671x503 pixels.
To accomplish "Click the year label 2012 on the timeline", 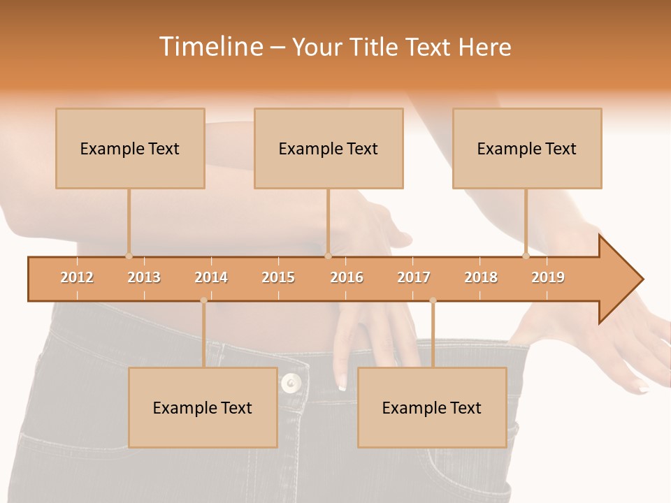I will point(77,277).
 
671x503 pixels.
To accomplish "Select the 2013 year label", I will point(144,277).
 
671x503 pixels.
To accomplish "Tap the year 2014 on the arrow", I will point(211,277).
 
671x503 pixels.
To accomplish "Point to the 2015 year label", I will point(278,277).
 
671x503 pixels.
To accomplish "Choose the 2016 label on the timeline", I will point(347,277).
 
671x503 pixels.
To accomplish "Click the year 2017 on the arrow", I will point(414,277).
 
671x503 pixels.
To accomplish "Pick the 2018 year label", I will point(481,277).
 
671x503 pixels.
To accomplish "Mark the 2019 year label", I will point(548,277).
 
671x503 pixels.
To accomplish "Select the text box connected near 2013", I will point(130,148).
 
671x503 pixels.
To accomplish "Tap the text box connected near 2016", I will point(329,148).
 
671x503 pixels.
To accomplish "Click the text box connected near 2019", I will point(527,148).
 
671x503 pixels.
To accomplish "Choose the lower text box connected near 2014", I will point(203,407).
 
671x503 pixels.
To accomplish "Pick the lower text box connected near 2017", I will point(432,407).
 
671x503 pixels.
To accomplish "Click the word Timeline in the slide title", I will point(210,47).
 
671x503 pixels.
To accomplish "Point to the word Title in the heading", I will point(375,47).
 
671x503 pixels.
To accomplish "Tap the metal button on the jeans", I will point(291,382).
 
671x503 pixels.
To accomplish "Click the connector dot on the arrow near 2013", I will point(129,256).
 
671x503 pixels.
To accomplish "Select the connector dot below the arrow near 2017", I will point(433,300).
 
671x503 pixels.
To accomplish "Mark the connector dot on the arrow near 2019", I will point(526,256).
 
